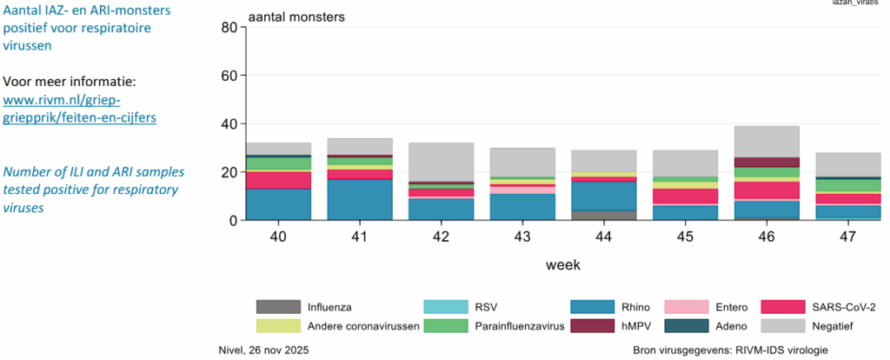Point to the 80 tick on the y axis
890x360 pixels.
tap(229, 27)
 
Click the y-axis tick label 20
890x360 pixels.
tap(229, 172)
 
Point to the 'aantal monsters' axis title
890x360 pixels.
tap(296, 17)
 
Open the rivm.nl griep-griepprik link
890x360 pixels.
tap(80, 108)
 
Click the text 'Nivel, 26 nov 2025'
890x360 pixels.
tap(262, 350)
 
